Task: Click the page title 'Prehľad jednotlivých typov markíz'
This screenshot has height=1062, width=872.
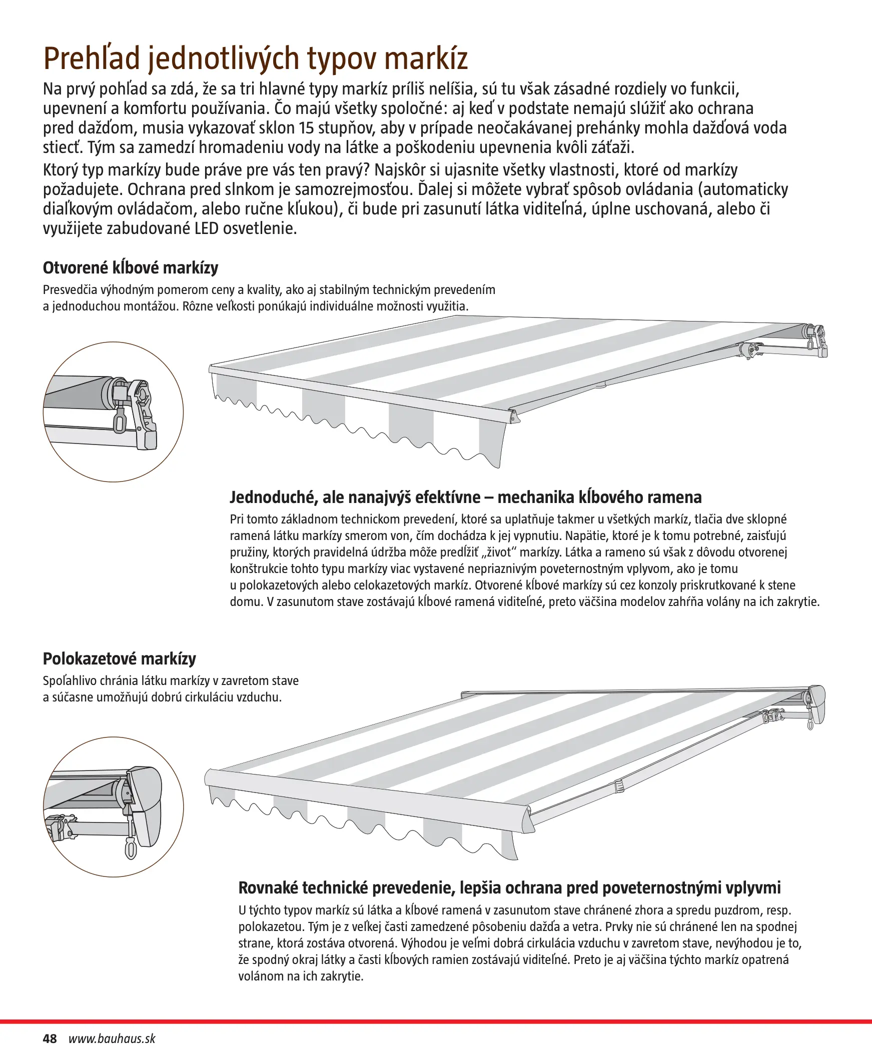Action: [x=255, y=58]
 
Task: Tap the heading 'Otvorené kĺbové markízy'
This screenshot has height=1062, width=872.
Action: [x=131, y=268]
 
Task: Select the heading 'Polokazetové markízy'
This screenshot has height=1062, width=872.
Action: [x=119, y=658]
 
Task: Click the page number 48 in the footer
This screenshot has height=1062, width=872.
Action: [x=50, y=1038]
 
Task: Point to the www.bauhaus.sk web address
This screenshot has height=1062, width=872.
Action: [x=112, y=1038]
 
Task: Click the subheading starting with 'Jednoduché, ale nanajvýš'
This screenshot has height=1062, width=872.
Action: [x=465, y=497]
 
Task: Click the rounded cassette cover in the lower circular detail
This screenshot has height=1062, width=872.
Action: [x=148, y=808]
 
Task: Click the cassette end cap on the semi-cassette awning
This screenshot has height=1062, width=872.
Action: [x=816, y=705]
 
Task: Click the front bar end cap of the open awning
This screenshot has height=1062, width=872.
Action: [x=513, y=416]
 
